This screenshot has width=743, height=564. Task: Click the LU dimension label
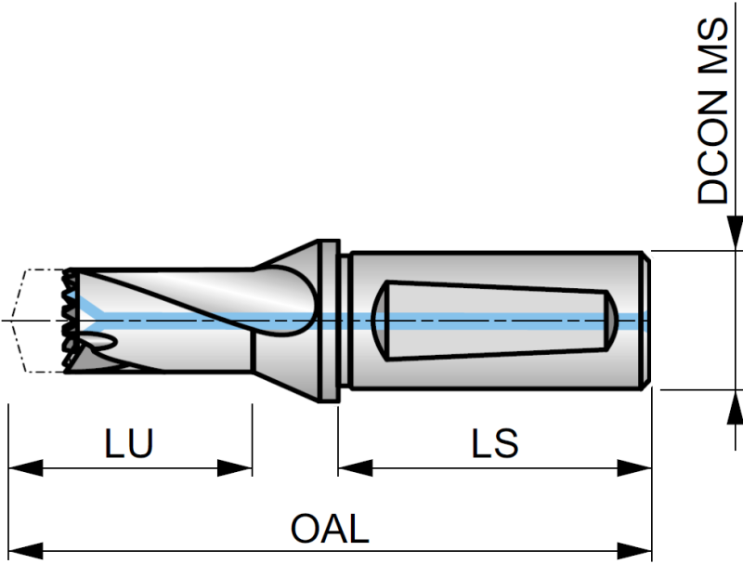pyautogui.click(x=129, y=443)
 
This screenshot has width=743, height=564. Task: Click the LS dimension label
pyautogui.click(x=494, y=443)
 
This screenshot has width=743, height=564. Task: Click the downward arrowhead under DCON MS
pyautogui.click(x=734, y=232)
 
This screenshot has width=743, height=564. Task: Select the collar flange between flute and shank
pyautogui.click(x=330, y=321)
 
